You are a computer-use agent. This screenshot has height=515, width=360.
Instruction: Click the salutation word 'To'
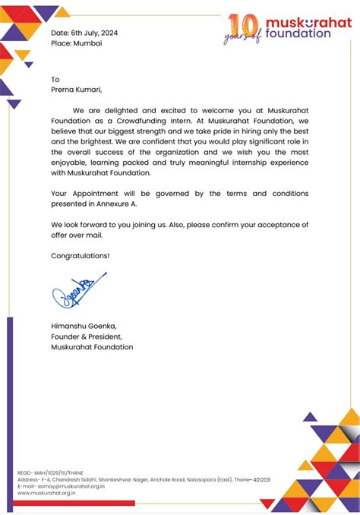tap(55, 80)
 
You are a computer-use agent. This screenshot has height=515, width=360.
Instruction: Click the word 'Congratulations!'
tap(80, 256)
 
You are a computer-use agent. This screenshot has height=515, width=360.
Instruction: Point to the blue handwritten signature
tap(76, 292)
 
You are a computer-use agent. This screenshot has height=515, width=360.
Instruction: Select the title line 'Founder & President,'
tap(86, 336)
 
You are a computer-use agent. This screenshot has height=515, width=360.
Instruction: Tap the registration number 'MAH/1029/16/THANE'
tap(58, 472)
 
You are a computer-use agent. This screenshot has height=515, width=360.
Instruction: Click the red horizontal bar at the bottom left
tap(72, 503)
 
